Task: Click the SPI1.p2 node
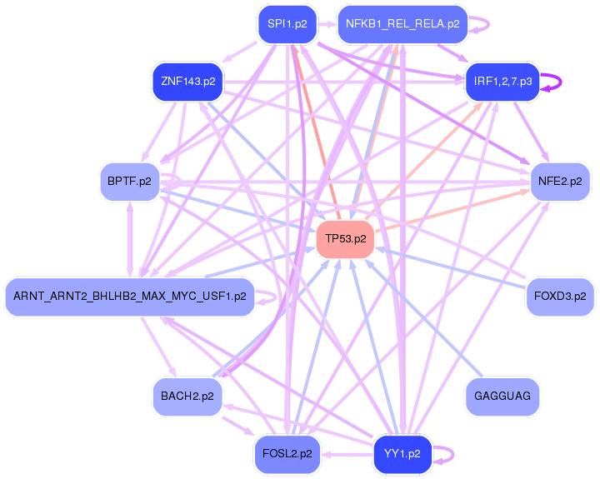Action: (287, 24)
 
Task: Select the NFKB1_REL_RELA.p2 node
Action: (402, 24)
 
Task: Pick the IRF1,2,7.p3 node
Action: (502, 81)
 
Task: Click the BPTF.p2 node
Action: (129, 182)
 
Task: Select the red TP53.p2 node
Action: (345, 239)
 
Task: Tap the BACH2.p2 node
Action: (187, 397)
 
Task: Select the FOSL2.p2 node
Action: (287, 454)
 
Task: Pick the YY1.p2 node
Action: (402, 454)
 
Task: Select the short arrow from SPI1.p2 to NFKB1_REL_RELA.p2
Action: (327, 24)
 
